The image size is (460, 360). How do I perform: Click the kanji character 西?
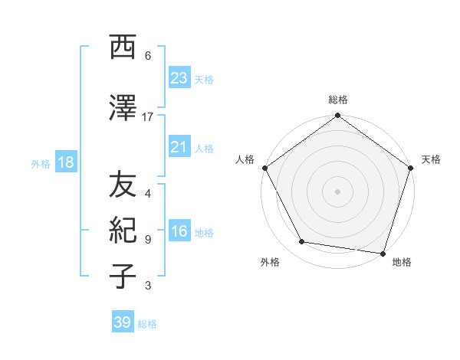[x=124, y=47]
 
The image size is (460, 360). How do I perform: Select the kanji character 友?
[x=124, y=184]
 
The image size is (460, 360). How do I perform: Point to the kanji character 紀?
[x=124, y=230]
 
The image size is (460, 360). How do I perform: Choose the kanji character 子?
[x=124, y=276]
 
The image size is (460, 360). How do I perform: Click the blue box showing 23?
[x=179, y=78]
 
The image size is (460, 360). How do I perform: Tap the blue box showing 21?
[x=179, y=147]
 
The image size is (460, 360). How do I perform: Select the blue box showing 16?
[x=179, y=231]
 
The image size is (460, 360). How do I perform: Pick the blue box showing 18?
[x=65, y=162]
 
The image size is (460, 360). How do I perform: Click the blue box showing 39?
[x=123, y=322]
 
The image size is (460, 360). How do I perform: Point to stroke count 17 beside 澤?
[x=148, y=116]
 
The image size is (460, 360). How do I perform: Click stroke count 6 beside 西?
[x=148, y=56]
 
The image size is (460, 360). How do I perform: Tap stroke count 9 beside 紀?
[x=148, y=239]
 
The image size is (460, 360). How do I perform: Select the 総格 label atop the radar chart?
[x=337, y=100]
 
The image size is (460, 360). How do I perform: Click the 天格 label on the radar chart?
[x=431, y=159]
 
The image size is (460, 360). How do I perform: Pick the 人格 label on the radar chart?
[x=245, y=159]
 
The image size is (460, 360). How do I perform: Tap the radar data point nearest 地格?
[x=383, y=253]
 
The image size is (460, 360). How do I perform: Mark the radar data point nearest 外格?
[x=302, y=242]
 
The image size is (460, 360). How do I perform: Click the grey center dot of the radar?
[x=337, y=191]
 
